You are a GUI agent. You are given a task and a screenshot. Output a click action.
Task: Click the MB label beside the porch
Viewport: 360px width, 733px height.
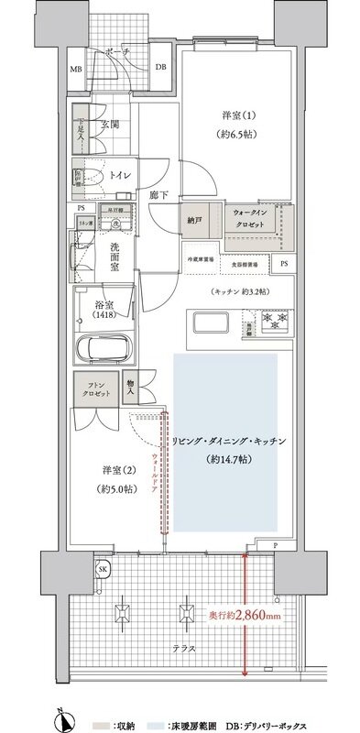point(76,68)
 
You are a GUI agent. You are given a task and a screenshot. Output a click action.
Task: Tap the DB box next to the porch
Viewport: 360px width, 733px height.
point(160,67)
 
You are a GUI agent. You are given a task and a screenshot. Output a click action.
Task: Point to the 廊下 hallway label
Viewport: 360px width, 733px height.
point(157,195)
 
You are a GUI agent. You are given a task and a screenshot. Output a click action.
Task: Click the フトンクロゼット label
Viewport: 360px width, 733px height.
point(95,388)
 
